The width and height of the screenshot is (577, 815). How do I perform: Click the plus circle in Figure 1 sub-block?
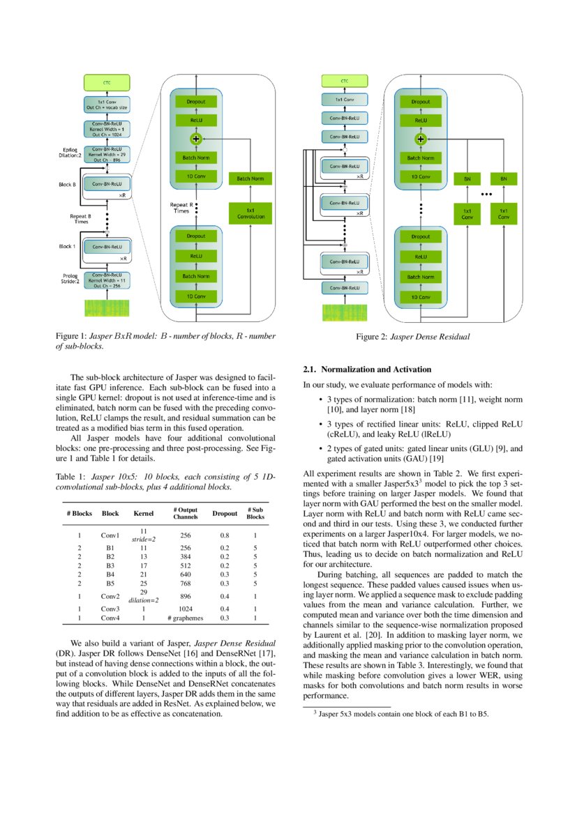pyautogui.click(x=196, y=139)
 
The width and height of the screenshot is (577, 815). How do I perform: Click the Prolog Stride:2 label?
pyautogui.click(x=70, y=280)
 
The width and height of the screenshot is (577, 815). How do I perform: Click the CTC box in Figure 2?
pyautogui.click(x=344, y=81)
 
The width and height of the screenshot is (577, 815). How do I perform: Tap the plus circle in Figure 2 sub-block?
pyautogui.click(x=420, y=139)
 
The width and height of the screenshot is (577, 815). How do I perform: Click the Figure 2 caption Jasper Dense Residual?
pyautogui.click(x=413, y=337)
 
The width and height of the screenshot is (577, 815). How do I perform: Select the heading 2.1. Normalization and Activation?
pyautogui.click(x=367, y=369)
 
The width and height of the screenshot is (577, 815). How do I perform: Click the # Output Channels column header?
pyautogui.click(x=185, y=513)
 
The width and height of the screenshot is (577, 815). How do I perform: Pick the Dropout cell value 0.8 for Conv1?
pyautogui.click(x=225, y=535)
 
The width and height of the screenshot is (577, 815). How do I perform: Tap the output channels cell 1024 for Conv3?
pyautogui.click(x=185, y=609)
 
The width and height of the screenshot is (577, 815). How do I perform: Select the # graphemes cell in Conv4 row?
pyautogui.click(x=185, y=618)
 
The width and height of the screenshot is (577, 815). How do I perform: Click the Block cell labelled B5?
pyautogui.click(x=110, y=586)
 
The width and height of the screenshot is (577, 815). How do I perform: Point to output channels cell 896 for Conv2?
pyautogui.click(x=185, y=597)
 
